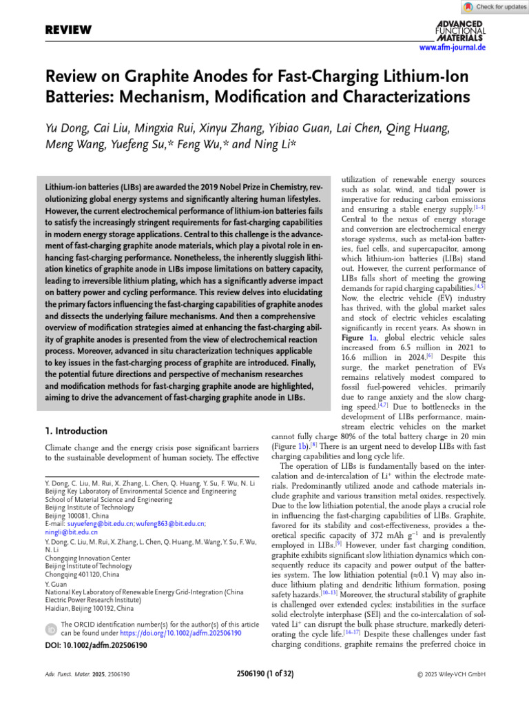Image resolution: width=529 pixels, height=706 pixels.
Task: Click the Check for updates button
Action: (x=495, y=7)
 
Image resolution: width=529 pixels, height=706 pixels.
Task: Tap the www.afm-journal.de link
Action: (x=452, y=48)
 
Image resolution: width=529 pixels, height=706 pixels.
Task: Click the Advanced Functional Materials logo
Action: (x=460, y=30)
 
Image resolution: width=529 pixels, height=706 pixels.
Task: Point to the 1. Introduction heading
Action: (x=76, y=431)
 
